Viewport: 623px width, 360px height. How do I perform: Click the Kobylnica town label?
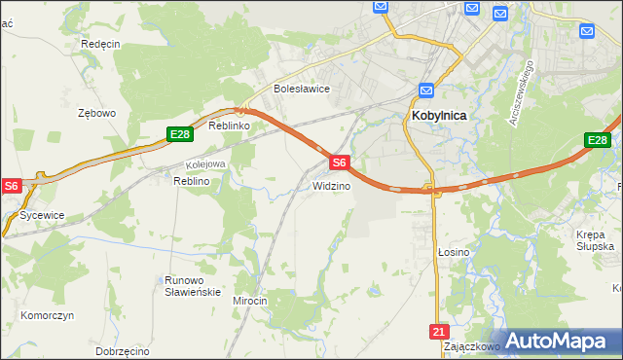pos(433,115)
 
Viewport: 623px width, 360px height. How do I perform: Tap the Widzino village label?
pos(331,185)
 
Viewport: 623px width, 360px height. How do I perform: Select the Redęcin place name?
pos(100,44)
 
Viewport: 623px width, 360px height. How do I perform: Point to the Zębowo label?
pos(96,113)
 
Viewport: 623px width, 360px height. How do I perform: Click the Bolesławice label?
pos(302,89)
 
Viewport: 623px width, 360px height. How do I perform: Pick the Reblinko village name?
pos(231,126)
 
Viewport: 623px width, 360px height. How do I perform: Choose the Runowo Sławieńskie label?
pos(193,285)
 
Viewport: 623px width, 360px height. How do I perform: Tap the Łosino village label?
pos(453,251)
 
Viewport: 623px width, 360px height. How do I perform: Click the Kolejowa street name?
pos(205,163)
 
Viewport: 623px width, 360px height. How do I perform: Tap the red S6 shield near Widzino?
pos(338,162)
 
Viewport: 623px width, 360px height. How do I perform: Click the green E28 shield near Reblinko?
pos(177,135)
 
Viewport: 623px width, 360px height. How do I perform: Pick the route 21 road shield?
pos(436,332)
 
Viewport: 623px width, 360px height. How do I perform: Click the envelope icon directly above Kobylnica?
pos(426,91)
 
